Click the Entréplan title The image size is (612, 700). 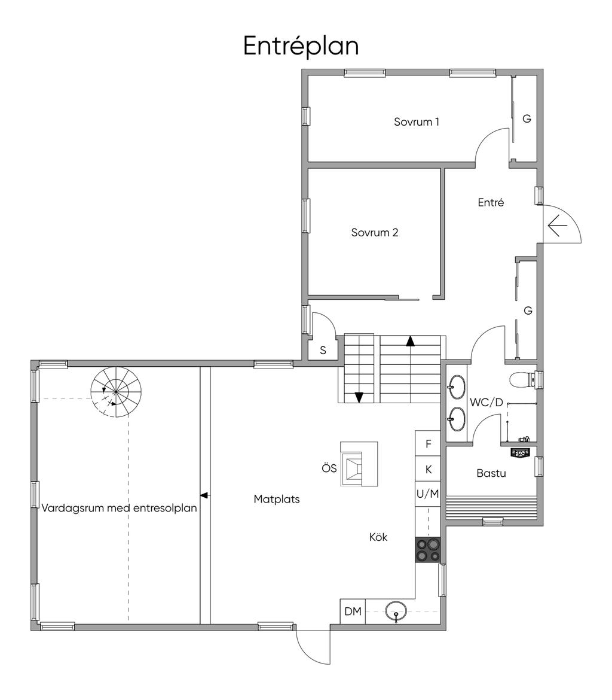click(x=301, y=46)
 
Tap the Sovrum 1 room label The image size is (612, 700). click(x=417, y=121)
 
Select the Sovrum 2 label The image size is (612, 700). click(x=375, y=232)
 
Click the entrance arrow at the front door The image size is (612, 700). click(x=557, y=226)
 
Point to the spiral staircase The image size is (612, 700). click(x=116, y=391)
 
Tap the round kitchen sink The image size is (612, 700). click(x=396, y=611)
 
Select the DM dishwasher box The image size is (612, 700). click(x=353, y=611)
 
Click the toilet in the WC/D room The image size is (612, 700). click(x=522, y=379)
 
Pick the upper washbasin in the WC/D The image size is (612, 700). click(x=457, y=386)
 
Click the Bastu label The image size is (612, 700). click(x=491, y=473)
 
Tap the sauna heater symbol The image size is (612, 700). click(x=520, y=453)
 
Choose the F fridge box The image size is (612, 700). click(x=429, y=443)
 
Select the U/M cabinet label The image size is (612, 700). click(x=428, y=494)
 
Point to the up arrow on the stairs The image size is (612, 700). click(x=411, y=342)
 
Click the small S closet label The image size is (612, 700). click(x=323, y=351)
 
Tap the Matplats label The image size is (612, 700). click(x=277, y=499)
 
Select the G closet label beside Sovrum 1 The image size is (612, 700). click(x=527, y=118)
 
